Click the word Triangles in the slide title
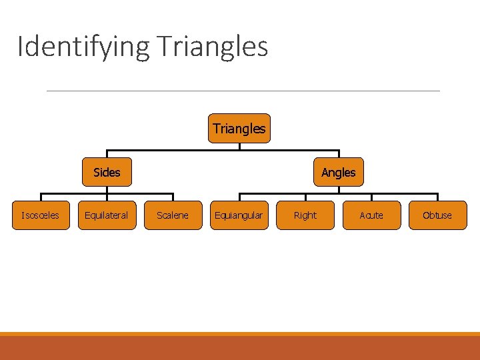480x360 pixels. [x=213, y=47]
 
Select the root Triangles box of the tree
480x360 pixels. [x=239, y=129]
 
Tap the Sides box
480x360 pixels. [x=107, y=172]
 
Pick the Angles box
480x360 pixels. [x=338, y=172]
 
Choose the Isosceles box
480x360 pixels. [x=41, y=215]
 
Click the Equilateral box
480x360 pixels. [x=107, y=215]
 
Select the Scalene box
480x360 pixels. [x=173, y=215]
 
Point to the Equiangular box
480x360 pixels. [x=239, y=215]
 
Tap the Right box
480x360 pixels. [x=305, y=215]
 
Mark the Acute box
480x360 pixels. [x=371, y=215]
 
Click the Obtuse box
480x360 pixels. [x=437, y=215]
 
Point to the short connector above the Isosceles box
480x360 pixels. [x=41, y=197]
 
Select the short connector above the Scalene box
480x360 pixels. [x=173, y=197]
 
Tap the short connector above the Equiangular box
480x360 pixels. [x=239, y=197]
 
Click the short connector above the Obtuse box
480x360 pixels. [x=437, y=197]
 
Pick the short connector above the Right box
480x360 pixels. [x=305, y=197]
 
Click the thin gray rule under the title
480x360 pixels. [x=243, y=91]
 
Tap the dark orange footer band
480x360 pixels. [x=240, y=348]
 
